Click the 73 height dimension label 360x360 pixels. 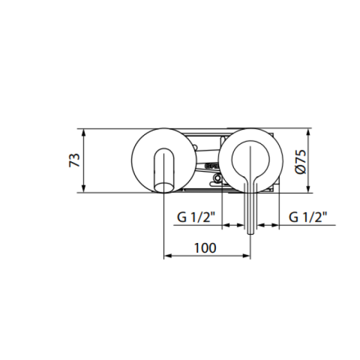pos(74,160)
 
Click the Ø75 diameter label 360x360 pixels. pos(301,162)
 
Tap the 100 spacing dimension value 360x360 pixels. pos(205,248)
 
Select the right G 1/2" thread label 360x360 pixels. pos(308,217)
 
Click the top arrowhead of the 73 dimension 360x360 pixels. pos(84,132)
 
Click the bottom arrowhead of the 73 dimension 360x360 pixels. pos(84,189)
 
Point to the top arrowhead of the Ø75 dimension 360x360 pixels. pos(308,132)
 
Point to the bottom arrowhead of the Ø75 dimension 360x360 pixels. pos(308,189)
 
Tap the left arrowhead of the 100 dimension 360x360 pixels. pos(168,256)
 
